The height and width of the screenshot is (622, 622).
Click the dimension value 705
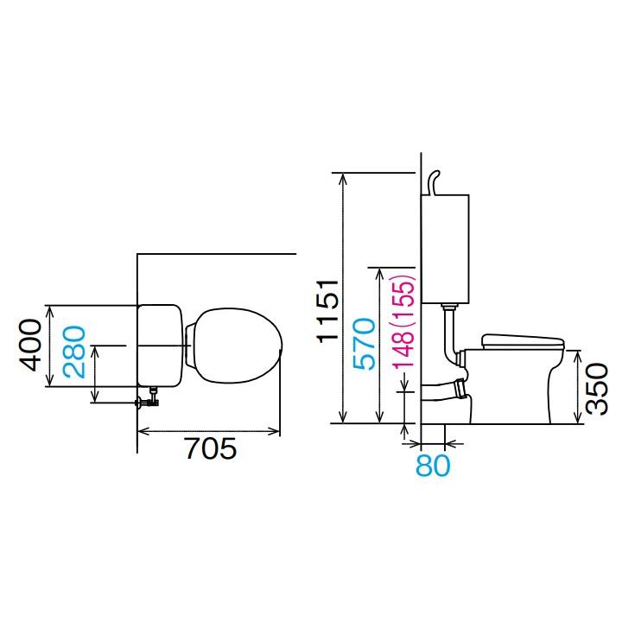[x=211, y=448]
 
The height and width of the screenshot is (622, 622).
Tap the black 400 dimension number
[x=30, y=345]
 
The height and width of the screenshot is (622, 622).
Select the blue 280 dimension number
[x=74, y=352]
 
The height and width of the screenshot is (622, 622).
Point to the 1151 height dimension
[x=327, y=311]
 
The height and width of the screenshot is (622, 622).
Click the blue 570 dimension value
[x=364, y=344]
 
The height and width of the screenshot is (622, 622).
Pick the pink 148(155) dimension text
[x=403, y=321]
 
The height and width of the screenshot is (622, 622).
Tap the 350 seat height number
[x=597, y=389]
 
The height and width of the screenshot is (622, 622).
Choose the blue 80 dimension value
[x=433, y=466]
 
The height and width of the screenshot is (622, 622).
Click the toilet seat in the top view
[x=238, y=346]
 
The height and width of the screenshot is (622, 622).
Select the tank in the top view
[x=160, y=346]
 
